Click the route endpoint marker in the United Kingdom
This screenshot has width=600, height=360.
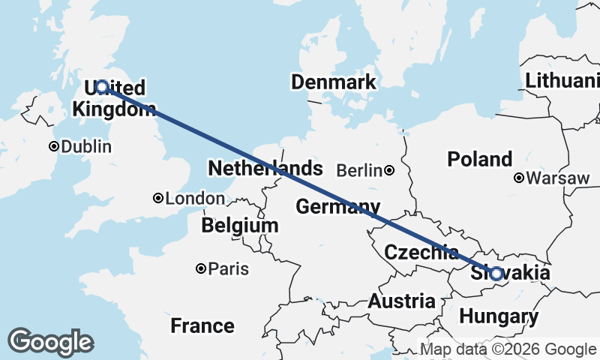(x=101, y=87)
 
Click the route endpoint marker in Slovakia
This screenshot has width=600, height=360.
(x=496, y=274)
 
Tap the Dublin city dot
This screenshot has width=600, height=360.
(x=54, y=146)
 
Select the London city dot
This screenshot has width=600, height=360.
(x=158, y=199)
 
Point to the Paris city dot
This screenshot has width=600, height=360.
(x=201, y=268)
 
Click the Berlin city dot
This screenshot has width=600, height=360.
(x=389, y=170)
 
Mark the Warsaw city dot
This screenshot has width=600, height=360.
(x=518, y=178)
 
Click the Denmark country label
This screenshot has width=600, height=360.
(x=334, y=82)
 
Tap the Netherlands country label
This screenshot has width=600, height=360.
(x=265, y=168)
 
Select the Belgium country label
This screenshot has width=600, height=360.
(x=240, y=225)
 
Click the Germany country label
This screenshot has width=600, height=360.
(x=337, y=206)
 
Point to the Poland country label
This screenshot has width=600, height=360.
(x=479, y=159)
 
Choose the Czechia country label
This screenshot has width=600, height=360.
(x=421, y=252)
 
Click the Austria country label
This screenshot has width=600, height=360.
(x=401, y=301)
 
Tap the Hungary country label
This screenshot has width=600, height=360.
(x=499, y=316)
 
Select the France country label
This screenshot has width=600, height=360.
(x=202, y=326)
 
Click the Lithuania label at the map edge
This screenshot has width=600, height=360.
(x=562, y=80)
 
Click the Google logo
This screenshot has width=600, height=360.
(x=50, y=342)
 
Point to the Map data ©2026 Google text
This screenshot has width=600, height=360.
(x=508, y=349)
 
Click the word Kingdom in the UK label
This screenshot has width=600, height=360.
(x=114, y=109)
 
